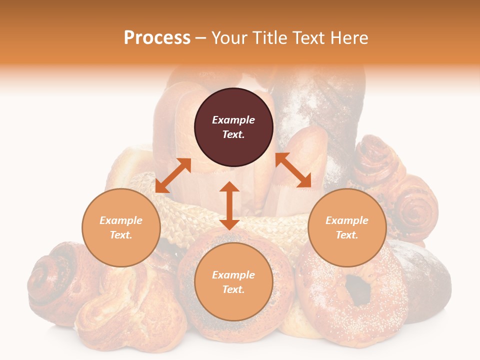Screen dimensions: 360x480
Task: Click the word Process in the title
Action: [157, 38]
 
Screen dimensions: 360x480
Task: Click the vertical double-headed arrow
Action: [229, 205]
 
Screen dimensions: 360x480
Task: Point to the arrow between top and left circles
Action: [173, 175]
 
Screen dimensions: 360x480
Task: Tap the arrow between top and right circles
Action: [293, 170]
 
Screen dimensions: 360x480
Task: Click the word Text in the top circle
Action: [233, 134]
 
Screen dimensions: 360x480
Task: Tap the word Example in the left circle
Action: [121, 220]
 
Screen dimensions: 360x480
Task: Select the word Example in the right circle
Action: [347, 220]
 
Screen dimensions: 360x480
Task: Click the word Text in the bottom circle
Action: [233, 289]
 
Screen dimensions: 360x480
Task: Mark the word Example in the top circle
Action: [233, 120]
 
